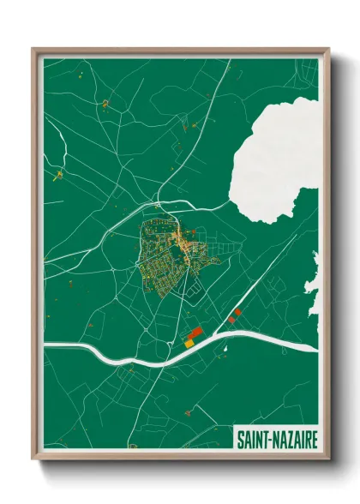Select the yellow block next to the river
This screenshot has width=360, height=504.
click(189, 343)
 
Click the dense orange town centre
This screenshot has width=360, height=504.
click(183, 244)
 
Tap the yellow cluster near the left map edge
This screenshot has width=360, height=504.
click(58, 177)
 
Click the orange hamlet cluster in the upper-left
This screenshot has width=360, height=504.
click(105, 104)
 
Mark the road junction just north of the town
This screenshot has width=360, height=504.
click(159, 206)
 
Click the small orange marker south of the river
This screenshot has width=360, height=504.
click(187, 412)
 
